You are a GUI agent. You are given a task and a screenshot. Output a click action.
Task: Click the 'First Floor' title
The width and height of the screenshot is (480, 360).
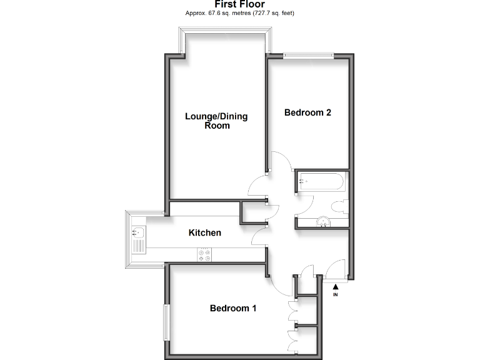click(239, 4)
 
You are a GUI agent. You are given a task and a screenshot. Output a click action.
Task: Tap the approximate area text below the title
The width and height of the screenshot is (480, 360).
click(239, 13)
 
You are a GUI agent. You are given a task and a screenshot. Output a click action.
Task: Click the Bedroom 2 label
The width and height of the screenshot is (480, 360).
click(307, 113)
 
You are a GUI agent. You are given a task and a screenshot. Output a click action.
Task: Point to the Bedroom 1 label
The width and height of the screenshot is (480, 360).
click(232, 308)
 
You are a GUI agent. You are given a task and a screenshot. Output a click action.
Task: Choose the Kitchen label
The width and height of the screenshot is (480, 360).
click(205, 233)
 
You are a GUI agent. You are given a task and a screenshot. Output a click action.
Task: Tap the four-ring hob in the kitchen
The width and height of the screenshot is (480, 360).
click(204, 254)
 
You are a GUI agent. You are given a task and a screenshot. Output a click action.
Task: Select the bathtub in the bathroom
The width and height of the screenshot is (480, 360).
click(321, 182)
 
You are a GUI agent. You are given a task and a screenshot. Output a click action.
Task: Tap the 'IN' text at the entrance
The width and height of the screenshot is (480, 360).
click(336, 294)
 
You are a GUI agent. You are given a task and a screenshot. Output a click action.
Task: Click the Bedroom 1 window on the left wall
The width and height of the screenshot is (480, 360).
click(166, 322)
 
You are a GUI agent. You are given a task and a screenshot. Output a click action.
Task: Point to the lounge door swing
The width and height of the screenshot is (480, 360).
click(257, 186)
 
